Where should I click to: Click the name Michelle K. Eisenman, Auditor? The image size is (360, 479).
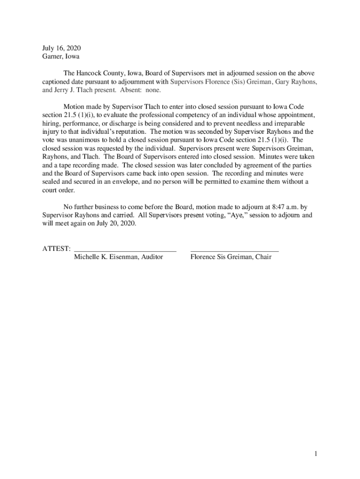[x=118, y=257]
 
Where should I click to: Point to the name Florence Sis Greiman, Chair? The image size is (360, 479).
[x=231, y=257]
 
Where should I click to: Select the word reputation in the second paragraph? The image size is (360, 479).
[x=127, y=131]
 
